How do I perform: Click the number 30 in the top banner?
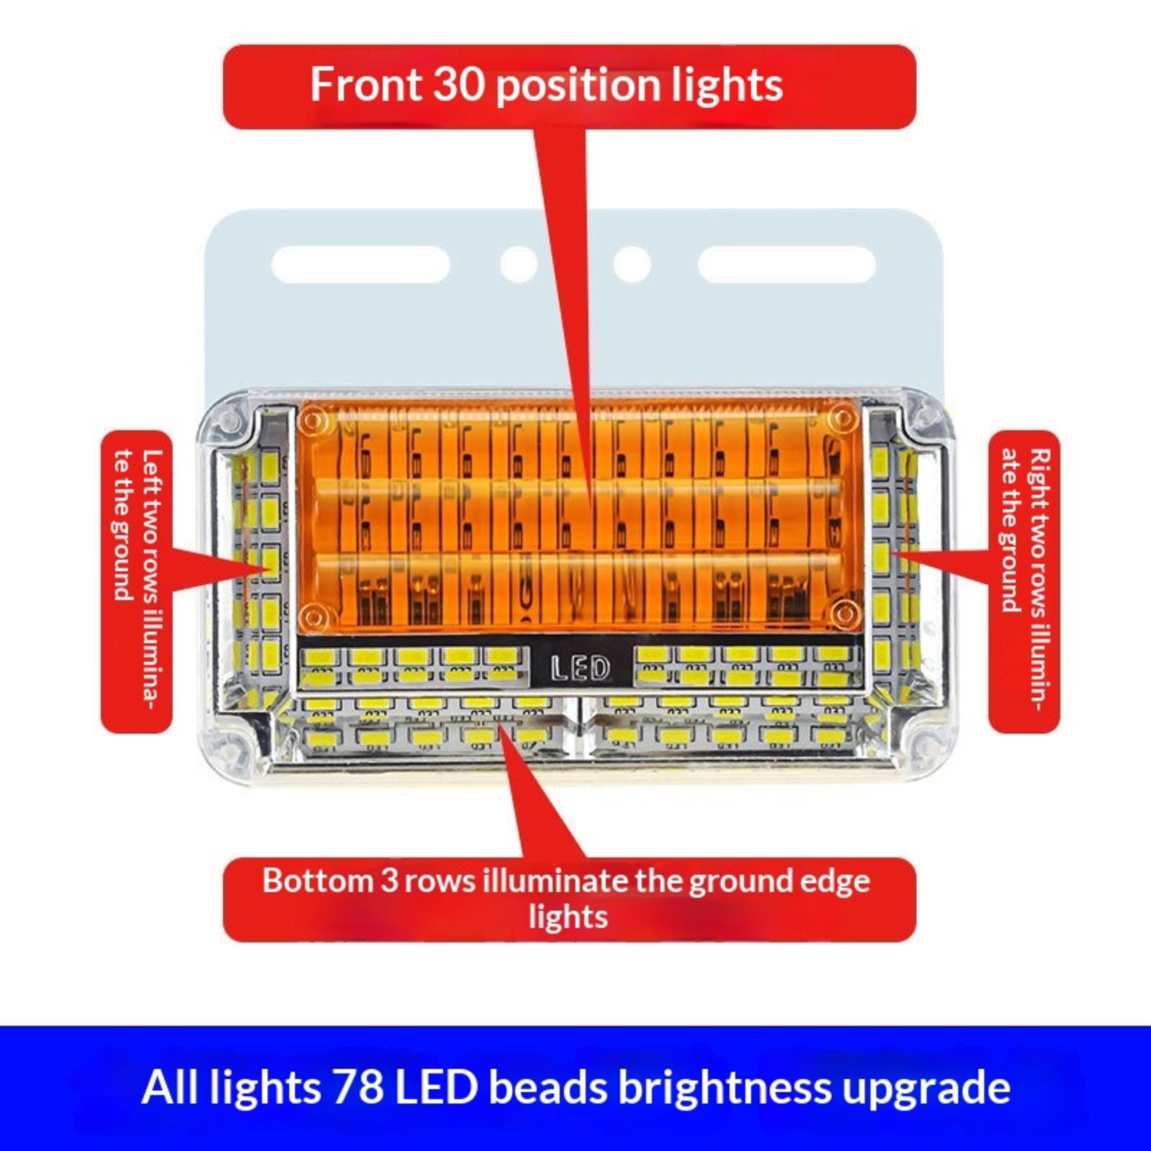pyautogui.click(x=458, y=84)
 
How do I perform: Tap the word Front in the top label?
pyautogui.click(x=366, y=84)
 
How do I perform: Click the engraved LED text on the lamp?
pyautogui.click(x=580, y=668)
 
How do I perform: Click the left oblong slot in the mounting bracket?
pyautogui.click(x=360, y=264)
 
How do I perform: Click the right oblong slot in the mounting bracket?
pyautogui.click(x=786, y=264)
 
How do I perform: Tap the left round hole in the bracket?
pyautogui.click(x=519, y=264)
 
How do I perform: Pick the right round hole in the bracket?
pyautogui.click(x=632, y=264)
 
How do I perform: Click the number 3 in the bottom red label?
pyautogui.click(x=389, y=881)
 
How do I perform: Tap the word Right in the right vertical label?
pyautogui.click(x=1040, y=474)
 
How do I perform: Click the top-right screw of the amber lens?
pyautogui.click(x=841, y=418)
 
